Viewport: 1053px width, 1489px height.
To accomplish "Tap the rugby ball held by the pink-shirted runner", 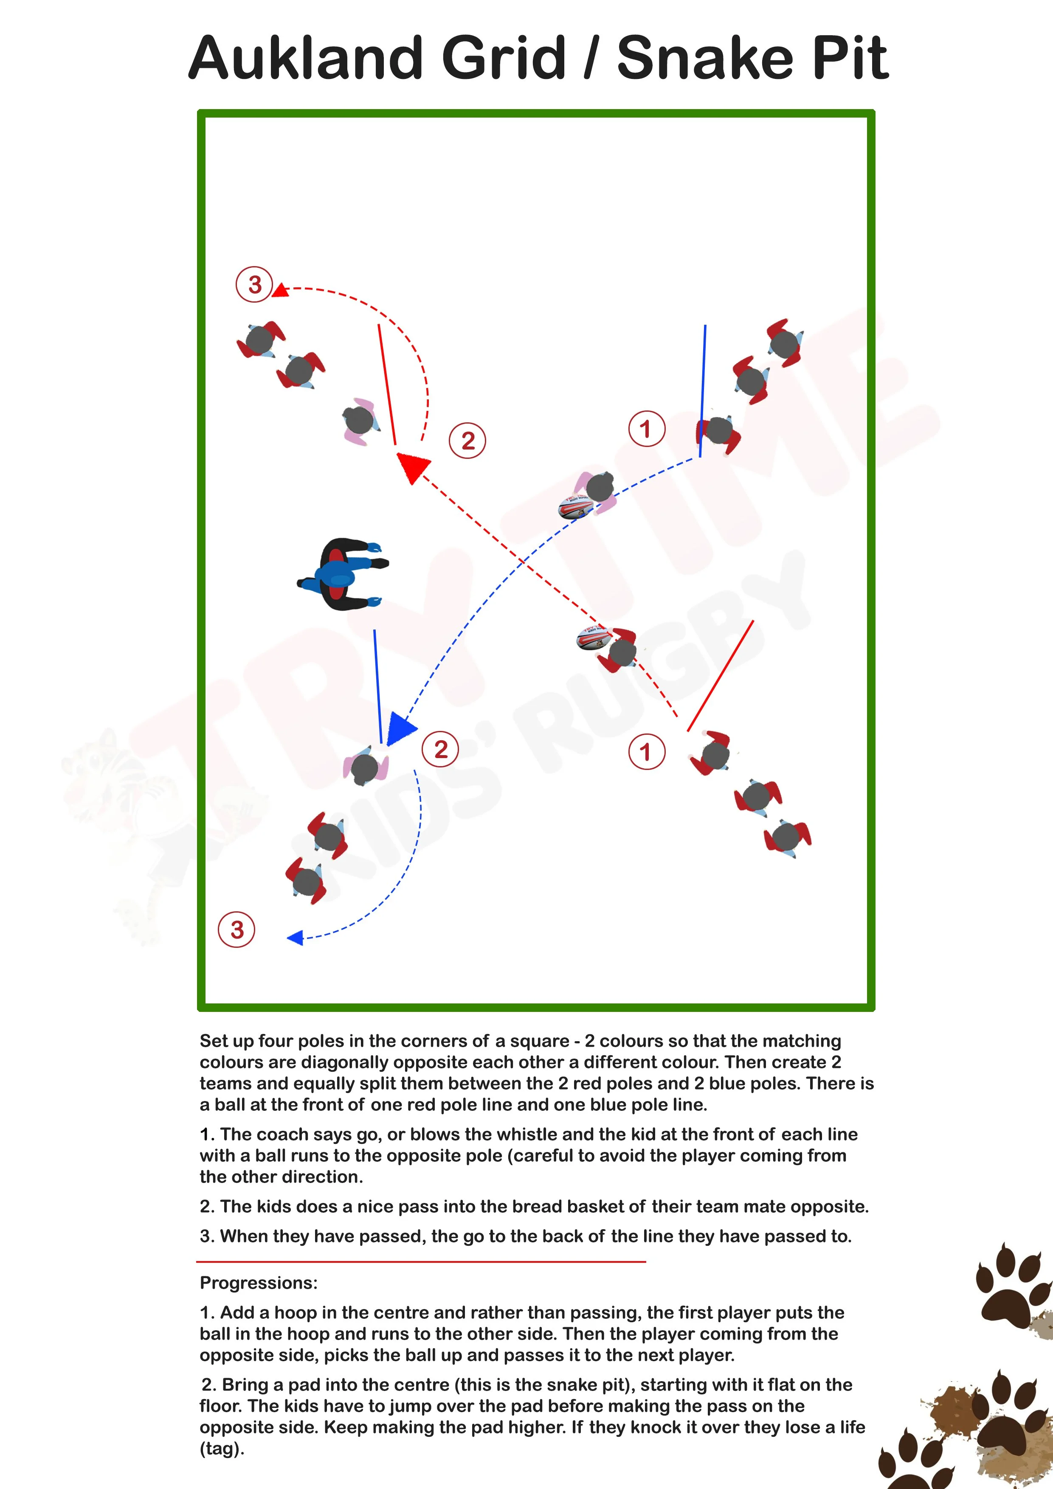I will pyautogui.click(x=575, y=508).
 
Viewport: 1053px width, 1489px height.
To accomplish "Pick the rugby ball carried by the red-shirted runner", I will pyautogui.click(x=592, y=639).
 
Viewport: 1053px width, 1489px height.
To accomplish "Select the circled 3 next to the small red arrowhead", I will pyautogui.click(x=254, y=284).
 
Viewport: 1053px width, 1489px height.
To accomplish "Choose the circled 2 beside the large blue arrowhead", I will pyautogui.click(x=441, y=749).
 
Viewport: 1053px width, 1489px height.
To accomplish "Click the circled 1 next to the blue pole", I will pyautogui.click(x=646, y=429).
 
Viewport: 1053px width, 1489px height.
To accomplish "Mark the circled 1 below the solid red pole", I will pyautogui.click(x=646, y=752).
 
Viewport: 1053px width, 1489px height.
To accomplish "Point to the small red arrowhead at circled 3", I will pyautogui.click(x=280, y=290).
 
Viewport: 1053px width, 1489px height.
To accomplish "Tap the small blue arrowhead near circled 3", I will pyautogui.click(x=295, y=937).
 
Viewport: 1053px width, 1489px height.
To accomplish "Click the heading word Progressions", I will pyautogui.click(x=258, y=1283).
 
